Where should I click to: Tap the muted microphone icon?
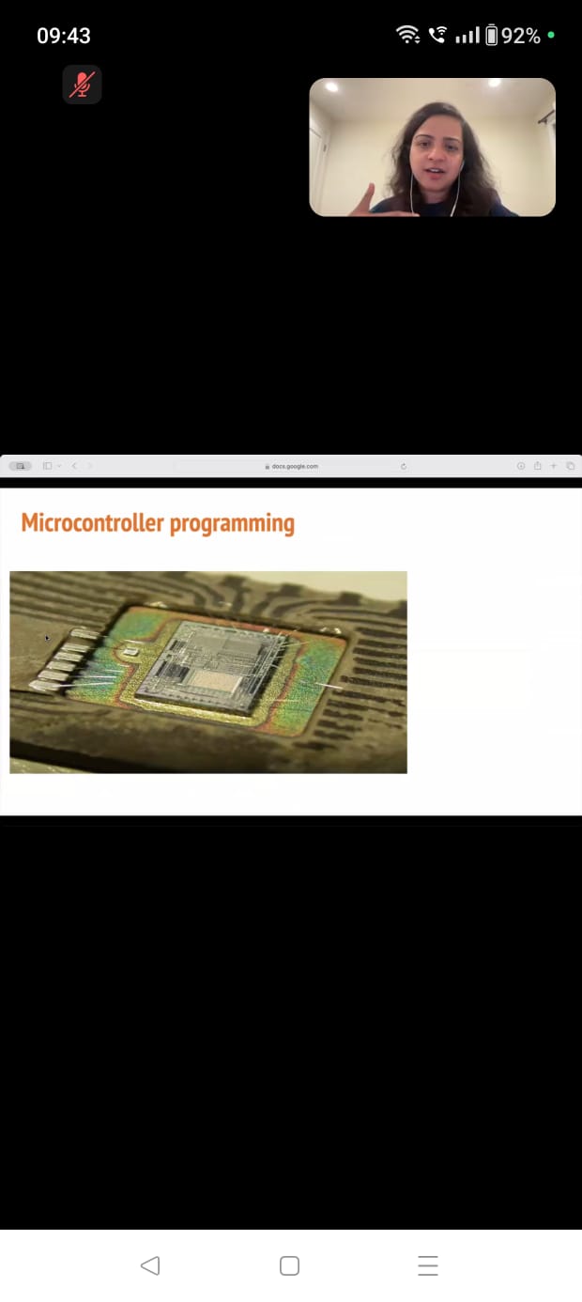(82, 85)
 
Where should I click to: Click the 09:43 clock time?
(63, 36)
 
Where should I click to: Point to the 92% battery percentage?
(520, 36)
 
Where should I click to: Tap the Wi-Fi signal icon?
(408, 35)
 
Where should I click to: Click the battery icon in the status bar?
(491, 35)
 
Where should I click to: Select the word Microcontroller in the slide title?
(93, 522)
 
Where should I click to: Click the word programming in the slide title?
(233, 524)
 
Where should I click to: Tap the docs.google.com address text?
(295, 466)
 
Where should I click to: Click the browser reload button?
(404, 466)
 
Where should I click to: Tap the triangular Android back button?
(150, 1265)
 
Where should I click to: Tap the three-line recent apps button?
(428, 1265)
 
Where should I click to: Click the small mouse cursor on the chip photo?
(47, 638)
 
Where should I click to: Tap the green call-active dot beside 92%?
(551, 35)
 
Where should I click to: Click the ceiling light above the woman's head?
(495, 83)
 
